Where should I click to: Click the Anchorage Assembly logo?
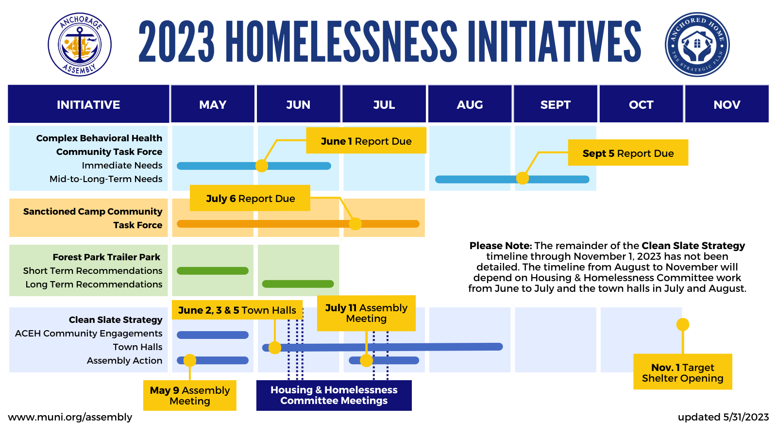(80, 44)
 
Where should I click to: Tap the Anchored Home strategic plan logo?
(697, 44)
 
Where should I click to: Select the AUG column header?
(470, 104)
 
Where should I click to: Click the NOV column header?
(726, 104)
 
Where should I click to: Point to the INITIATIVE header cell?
(88, 104)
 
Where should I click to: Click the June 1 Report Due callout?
(366, 141)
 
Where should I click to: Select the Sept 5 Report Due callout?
(628, 153)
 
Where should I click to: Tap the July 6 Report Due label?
(250, 198)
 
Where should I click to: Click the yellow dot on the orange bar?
(355, 224)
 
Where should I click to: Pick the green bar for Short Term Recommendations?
(212, 271)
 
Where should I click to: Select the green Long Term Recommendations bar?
(298, 284)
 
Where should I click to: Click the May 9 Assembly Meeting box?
(190, 395)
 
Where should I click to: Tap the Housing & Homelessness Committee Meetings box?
(334, 395)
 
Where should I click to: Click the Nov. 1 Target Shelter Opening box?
(682, 372)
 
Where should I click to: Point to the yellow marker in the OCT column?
(683, 324)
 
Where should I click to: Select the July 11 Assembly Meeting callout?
(366, 313)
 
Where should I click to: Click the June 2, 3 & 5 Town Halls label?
(237, 310)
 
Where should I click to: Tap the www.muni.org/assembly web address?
(70, 417)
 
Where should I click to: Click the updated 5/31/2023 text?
(723, 417)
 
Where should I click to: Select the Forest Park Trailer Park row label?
(106, 257)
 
